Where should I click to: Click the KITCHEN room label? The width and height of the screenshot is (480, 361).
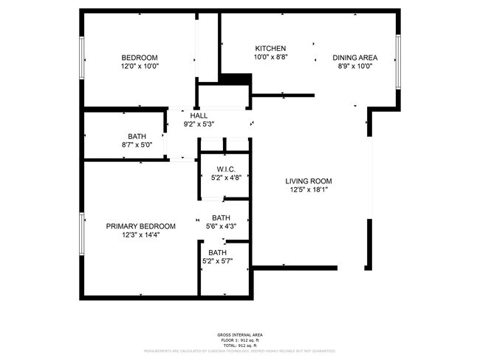click(x=270, y=48)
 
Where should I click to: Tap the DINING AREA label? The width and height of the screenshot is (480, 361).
click(x=354, y=57)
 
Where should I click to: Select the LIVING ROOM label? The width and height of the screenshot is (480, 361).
click(x=309, y=180)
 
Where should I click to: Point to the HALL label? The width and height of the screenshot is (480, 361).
click(x=199, y=115)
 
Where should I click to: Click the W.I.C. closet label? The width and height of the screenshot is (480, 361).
click(x=226, y=169)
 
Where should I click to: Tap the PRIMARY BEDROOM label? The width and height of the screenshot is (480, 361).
click(x=140, y=226)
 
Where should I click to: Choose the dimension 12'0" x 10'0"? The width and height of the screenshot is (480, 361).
click(x=140, y=66)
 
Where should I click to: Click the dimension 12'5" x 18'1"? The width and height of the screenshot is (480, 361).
click(x=309, y=189)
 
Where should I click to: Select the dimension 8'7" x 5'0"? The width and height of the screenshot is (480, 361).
click(x=137, y=145)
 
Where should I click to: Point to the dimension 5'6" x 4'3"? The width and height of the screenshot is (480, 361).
click(x=221, y=226)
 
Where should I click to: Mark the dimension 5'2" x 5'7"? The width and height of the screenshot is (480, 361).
click(x=217, y=260)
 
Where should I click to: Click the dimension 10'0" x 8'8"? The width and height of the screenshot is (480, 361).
click(x=270, y=57)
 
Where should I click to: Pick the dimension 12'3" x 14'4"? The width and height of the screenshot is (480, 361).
click(x=140, y=235)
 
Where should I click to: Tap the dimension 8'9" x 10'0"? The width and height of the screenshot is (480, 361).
click(x=354, y=66)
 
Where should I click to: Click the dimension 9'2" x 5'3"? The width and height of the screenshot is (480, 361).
click(x=199, y=124)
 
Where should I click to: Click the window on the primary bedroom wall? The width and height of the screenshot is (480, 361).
click(x=80, y=235)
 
